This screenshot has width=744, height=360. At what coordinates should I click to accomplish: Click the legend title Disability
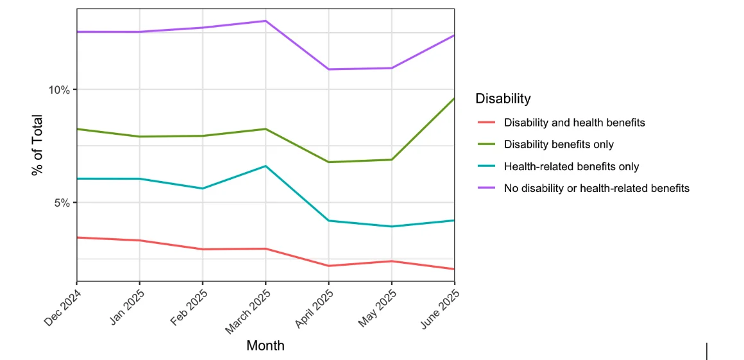[x=503, y=99]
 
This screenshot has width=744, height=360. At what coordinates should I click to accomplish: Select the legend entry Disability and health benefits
[x=574, y=122]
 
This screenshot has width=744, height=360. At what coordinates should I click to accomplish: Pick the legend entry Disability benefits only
[x=559, y=144]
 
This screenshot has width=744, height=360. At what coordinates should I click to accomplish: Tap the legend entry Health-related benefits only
[x=571, y=166]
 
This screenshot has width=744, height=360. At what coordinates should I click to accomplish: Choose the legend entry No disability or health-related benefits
[x=596, y=188]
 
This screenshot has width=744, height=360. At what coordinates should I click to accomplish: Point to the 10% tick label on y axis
[x=59, y=90]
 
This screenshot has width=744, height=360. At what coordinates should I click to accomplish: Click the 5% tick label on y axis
[x=62, y=203]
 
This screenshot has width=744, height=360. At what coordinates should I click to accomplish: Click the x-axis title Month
[x=265, y=346]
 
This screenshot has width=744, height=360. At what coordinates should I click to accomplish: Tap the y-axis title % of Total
[x=37, y=145]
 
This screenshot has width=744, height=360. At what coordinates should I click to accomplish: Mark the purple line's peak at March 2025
[x=266, y=21]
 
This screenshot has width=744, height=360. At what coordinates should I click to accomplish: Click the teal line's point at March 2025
[x=266, y=166]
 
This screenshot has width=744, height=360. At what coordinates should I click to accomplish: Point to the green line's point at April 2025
[x=328, y=162]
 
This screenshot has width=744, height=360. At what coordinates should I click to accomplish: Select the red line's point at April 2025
[x=328, y=266]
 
